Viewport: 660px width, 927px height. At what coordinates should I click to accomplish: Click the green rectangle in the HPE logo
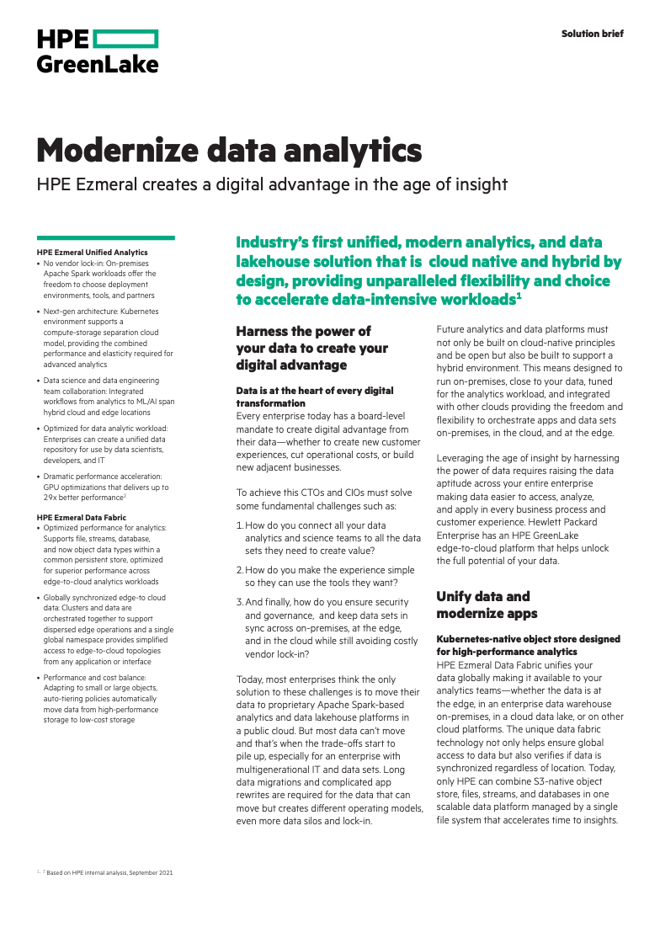(125, 39)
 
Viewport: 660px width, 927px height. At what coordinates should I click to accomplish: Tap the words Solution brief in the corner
(593, 34)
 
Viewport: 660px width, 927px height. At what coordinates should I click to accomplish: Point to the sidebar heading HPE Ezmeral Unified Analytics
(93, 252)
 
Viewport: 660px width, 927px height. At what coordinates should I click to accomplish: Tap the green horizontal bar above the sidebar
(106, 237)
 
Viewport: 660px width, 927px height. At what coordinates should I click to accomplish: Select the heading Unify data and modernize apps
(483, 605)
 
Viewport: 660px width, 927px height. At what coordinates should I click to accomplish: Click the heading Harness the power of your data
(311, 348)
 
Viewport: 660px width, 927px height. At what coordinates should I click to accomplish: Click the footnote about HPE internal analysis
(109, 873)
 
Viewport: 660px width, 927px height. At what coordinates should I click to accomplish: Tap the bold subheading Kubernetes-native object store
(528, 645)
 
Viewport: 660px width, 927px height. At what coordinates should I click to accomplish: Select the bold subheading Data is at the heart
(314, 397)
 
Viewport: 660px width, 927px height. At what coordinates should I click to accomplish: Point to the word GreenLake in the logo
(98, 64)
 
